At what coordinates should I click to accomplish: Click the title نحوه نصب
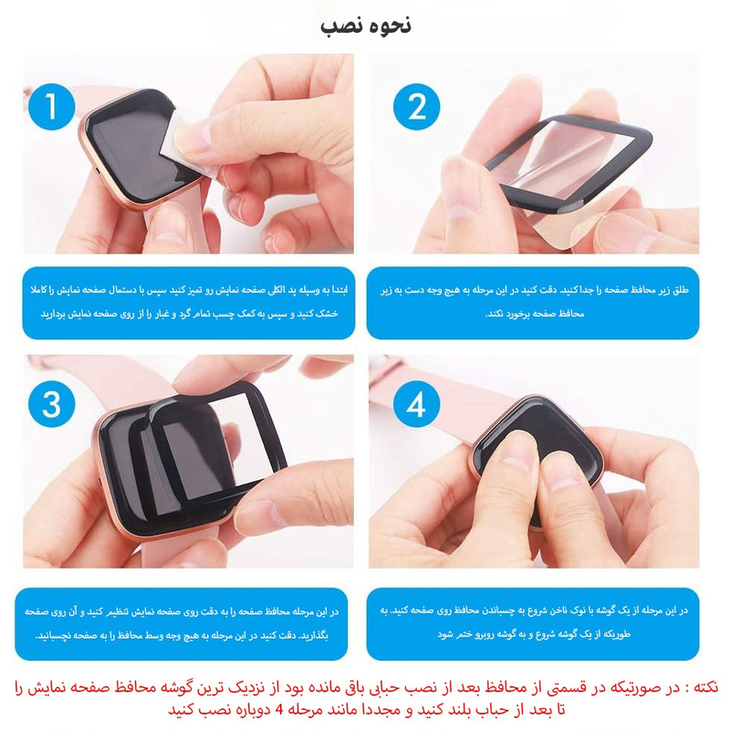pos(366,26)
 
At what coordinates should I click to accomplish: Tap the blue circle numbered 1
pos(52,107)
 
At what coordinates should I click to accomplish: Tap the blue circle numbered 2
pos(417,107)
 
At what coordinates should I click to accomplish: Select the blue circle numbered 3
pos(52,403)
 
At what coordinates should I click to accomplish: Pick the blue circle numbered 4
pos(417,403)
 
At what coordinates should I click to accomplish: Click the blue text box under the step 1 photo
pos(189,303)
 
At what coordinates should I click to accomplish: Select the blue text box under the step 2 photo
pos(533,303)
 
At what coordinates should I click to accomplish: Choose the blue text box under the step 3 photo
pos(182,624)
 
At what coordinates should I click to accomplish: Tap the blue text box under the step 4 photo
pos(533,624)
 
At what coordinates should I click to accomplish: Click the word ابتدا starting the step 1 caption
pos(338,290)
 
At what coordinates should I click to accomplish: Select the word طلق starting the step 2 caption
pos(680,290)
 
